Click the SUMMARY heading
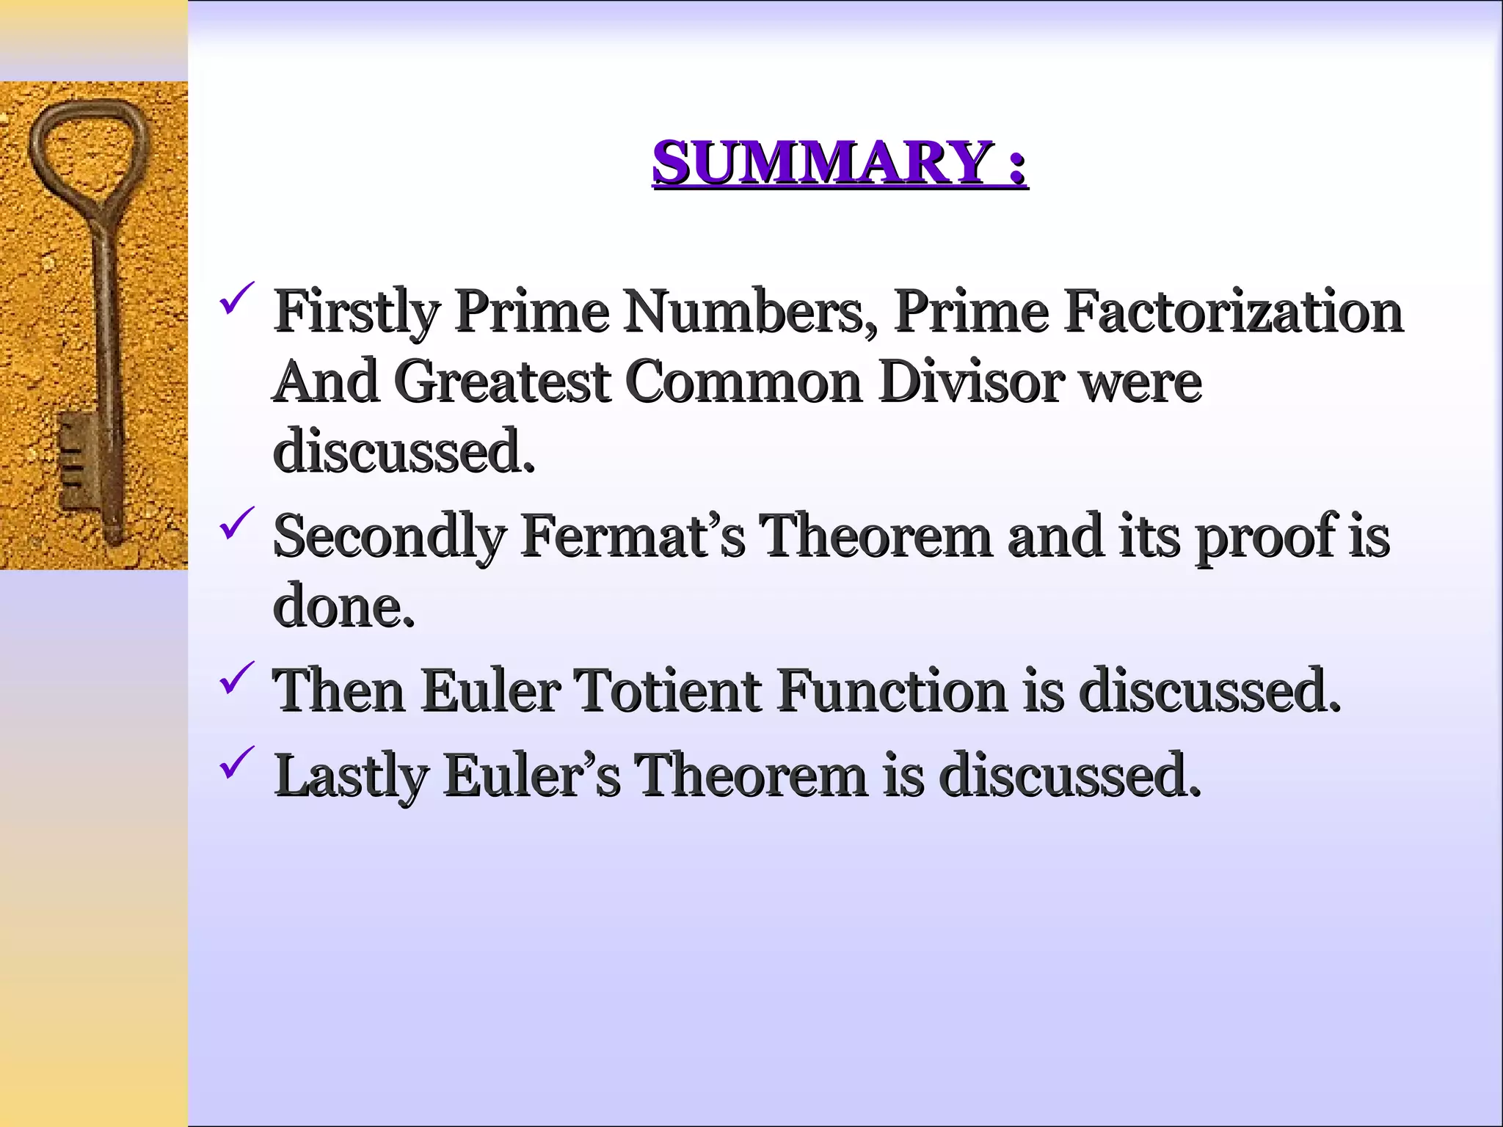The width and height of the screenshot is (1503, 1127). pos(840,162)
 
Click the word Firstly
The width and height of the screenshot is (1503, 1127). pos(357,313)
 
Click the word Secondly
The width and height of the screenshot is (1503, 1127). pos(390,537)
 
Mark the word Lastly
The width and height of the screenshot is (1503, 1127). pos(352,776)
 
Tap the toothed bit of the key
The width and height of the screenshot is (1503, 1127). pos(77,459)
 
